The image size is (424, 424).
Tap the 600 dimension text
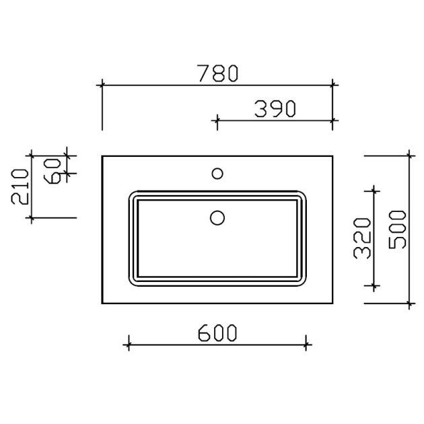tap(217, 333)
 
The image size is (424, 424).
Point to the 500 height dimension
tap(397, 229)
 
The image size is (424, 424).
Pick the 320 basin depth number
tap(363, 238)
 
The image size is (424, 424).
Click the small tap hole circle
tap(217, 174)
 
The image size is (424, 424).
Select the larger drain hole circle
tap(217, 217)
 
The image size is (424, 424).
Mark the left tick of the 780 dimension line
tap(102, 85)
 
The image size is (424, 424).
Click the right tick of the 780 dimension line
tap(332, 85)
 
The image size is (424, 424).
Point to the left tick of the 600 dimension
tap(127, 345)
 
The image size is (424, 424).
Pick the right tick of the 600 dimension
tap(306, 345)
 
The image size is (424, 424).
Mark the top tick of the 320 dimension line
tap(374, 190)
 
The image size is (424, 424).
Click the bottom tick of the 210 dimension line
tap(31, 217)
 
